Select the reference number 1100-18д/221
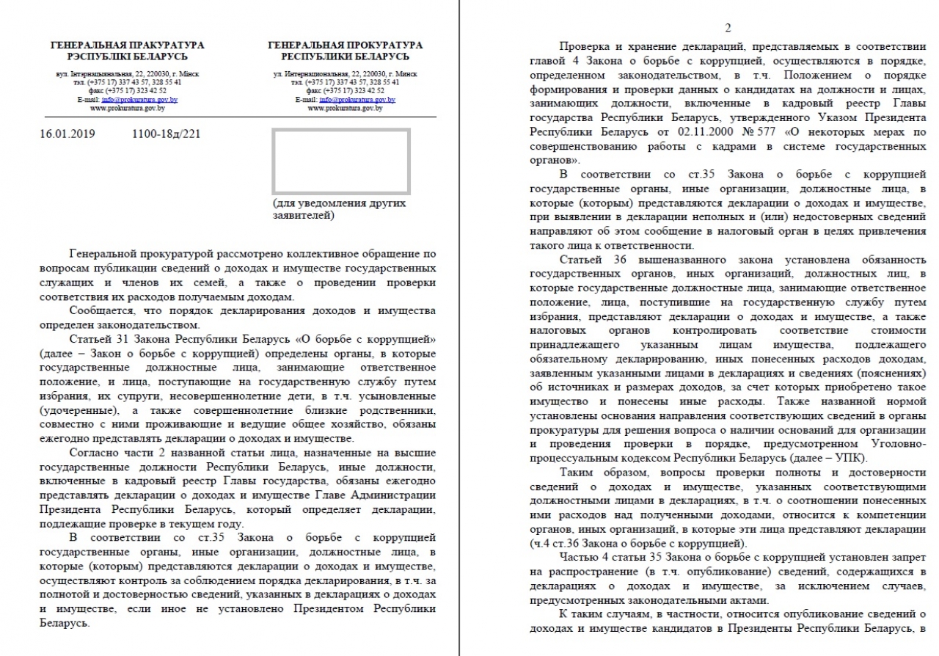167,134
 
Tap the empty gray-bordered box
341,161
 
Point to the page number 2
728,29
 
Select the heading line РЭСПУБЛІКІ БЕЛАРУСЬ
128,57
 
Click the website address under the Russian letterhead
345,108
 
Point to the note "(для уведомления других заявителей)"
338,209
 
